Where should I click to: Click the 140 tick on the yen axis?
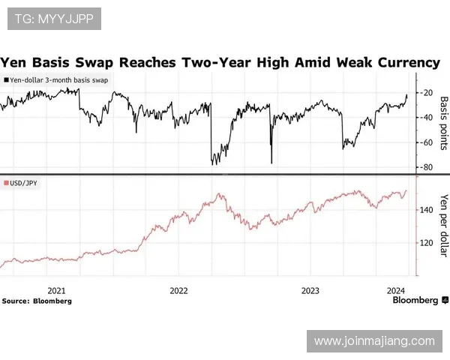click(x=425, y=210)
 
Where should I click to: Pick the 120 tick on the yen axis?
click(x=425, y=242)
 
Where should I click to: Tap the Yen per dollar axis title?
click(x=443, y=226)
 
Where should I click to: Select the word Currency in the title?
click(x=406, y=62)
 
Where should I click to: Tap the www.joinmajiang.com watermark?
click(x=373, y=341)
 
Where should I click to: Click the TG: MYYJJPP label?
click(x=54, y=18)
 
